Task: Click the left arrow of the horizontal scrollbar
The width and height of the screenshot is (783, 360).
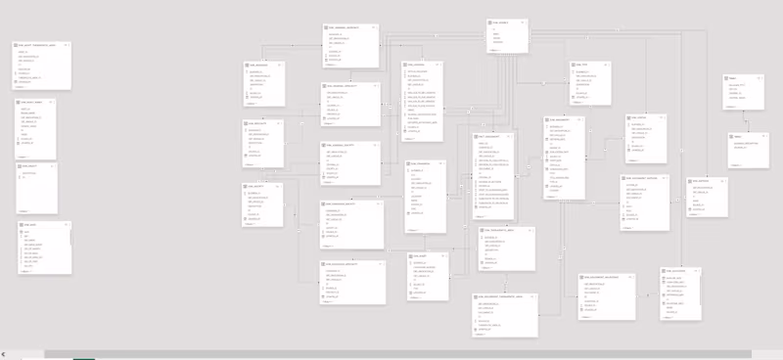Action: [x=4, y=353]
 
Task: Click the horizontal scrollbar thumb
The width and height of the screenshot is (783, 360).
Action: [x=391, y=353]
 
